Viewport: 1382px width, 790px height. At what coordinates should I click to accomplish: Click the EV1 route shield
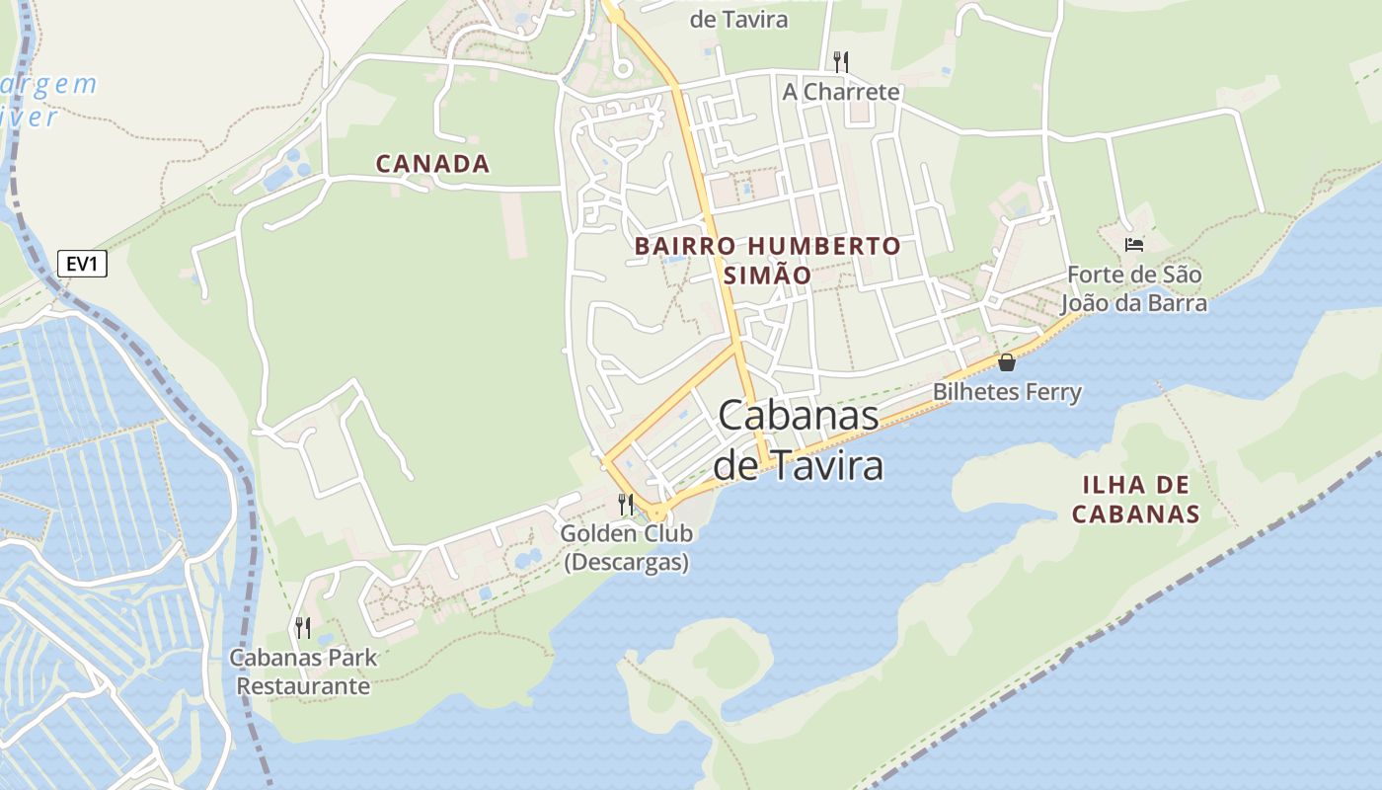tap(82, 264)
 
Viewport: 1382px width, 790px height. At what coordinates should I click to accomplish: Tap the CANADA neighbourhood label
tap(432, 164)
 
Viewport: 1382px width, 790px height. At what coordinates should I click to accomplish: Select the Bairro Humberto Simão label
tap(767, 260)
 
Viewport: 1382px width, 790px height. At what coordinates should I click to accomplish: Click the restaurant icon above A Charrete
tap(840, 62)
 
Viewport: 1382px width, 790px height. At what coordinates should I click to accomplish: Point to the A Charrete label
tap(841, 92)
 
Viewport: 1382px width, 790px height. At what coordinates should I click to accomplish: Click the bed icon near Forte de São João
tap(1133, 244)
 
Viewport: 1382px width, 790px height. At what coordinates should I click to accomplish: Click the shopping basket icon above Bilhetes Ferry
tap(1006, 362)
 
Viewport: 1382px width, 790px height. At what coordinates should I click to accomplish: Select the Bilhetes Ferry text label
tap(1007, 392)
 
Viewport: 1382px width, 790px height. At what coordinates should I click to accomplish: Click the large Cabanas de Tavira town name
tap(798, 439)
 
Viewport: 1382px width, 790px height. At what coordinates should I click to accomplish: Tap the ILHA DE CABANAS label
tap(1135, 499)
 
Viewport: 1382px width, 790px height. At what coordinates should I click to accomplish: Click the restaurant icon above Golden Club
tap(625, 504)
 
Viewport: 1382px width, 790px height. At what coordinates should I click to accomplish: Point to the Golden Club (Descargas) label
tap(626, 548)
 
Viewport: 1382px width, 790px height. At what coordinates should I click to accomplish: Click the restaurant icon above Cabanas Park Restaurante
tap(303, 627)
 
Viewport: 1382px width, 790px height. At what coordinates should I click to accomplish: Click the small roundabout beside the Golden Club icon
tap(657, 513)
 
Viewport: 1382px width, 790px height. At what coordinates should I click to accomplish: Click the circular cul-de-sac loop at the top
tap(622, 68)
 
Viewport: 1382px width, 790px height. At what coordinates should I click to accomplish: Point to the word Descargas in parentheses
tap(626, 563)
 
